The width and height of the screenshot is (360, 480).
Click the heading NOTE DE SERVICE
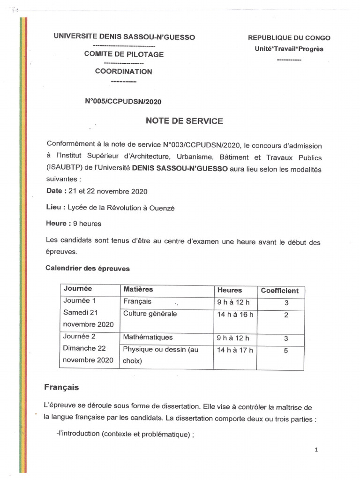[x=184, y=121]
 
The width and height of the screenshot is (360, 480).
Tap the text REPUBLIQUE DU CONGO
[x=289, y=38]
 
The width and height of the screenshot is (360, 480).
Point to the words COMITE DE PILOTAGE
[x=124, y=54]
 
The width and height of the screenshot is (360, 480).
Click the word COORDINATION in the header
[x=124, y=72]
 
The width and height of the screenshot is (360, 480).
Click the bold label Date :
[x=56, y=191]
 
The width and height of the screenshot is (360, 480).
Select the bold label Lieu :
[x=55, y=207]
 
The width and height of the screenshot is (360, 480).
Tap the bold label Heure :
[x=58, y=224]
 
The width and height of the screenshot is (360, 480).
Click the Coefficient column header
[x=280, y=291]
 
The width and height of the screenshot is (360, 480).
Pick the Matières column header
[x=138, y=289]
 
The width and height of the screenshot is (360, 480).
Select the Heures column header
[x=230, y=290]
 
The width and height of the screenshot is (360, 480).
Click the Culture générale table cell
[x=150, y=314]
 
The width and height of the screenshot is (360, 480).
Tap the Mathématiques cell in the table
[x=148, y=337]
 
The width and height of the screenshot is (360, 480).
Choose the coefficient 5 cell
[x=285, y=350]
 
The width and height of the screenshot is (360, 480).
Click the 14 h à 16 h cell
[x=235, y=315]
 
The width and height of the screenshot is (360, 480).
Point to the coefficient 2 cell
[x=286, y=315]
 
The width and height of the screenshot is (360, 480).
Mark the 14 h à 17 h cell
[x=235, y=349]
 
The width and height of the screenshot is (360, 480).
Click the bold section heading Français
[x=61, y=387]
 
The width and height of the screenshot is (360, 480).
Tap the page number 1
[x=316, y=450]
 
